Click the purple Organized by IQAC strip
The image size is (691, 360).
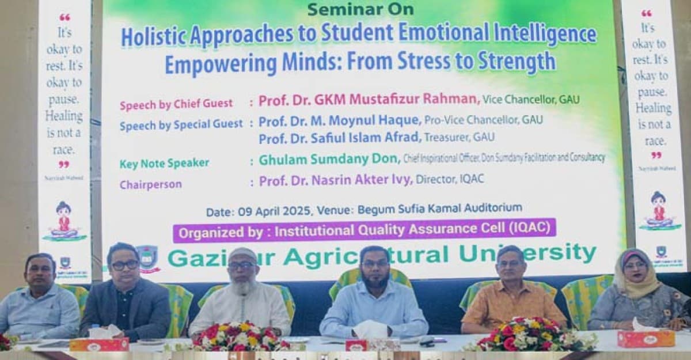coord(364,232)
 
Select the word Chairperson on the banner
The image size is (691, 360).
coord(150,185)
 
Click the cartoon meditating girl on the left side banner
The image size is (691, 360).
coord(63,221)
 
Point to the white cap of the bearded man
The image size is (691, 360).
coord(242,254)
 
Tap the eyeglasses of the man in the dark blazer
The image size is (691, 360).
coord(125,266)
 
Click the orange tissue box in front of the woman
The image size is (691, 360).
coord(646,338)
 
